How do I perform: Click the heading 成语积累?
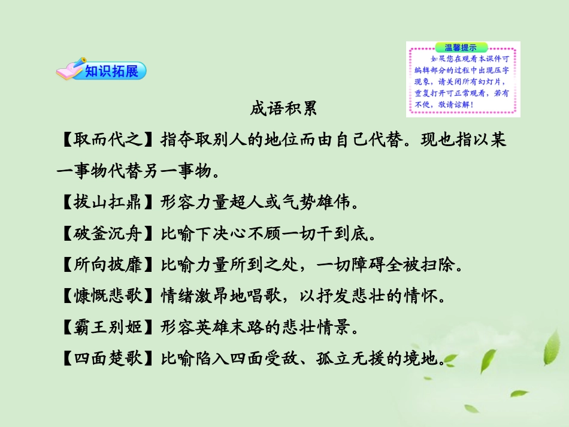click(x=283, y=110)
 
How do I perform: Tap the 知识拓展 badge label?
click(x=111, y=71)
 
